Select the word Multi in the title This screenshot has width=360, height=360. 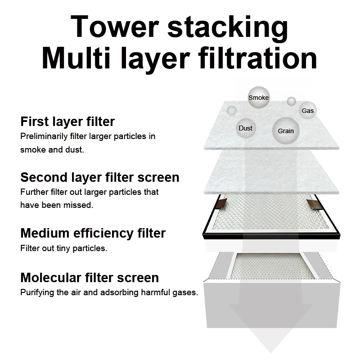tap(77, 58)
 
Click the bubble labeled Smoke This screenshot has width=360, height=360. tap(258, 98)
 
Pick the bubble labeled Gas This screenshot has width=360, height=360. tap(308, 110)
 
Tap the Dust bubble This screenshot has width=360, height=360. tap(245, 128)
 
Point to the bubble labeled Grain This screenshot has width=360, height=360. tap(285, 130)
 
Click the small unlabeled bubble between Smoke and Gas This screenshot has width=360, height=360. tap(292, 101)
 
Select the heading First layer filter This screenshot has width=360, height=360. tap(67, 121)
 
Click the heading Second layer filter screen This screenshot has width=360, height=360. tap(99, 177)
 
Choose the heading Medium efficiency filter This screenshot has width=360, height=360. tap(93, 233)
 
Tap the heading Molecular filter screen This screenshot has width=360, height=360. tap(89, 277)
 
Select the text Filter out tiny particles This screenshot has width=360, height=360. tap(63, 248)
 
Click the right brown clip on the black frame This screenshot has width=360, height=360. tap(314, 204)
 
